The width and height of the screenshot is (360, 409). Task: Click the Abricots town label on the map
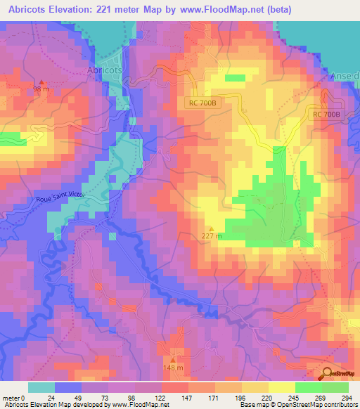coord(104,71)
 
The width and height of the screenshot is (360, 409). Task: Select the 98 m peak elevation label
coord(41,90)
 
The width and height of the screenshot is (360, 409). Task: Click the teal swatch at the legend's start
coord(41,387)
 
